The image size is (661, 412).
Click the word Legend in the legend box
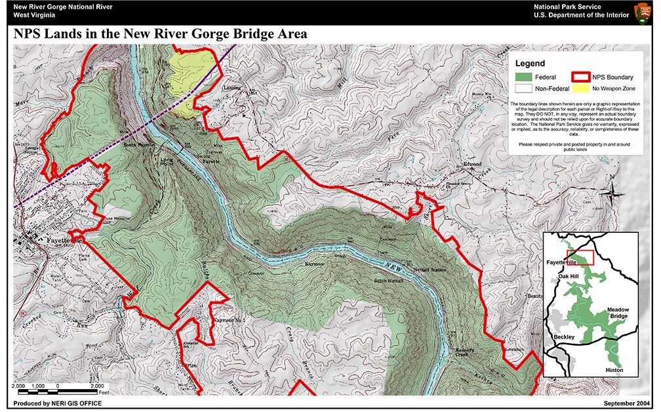[x=530, y=64]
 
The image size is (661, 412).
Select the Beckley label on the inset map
[x=565, y=337]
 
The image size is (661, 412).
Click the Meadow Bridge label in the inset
[x=618, y=313]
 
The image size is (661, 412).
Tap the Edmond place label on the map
[x=472, y=163]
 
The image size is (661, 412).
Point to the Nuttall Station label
[x=430, y=270]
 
